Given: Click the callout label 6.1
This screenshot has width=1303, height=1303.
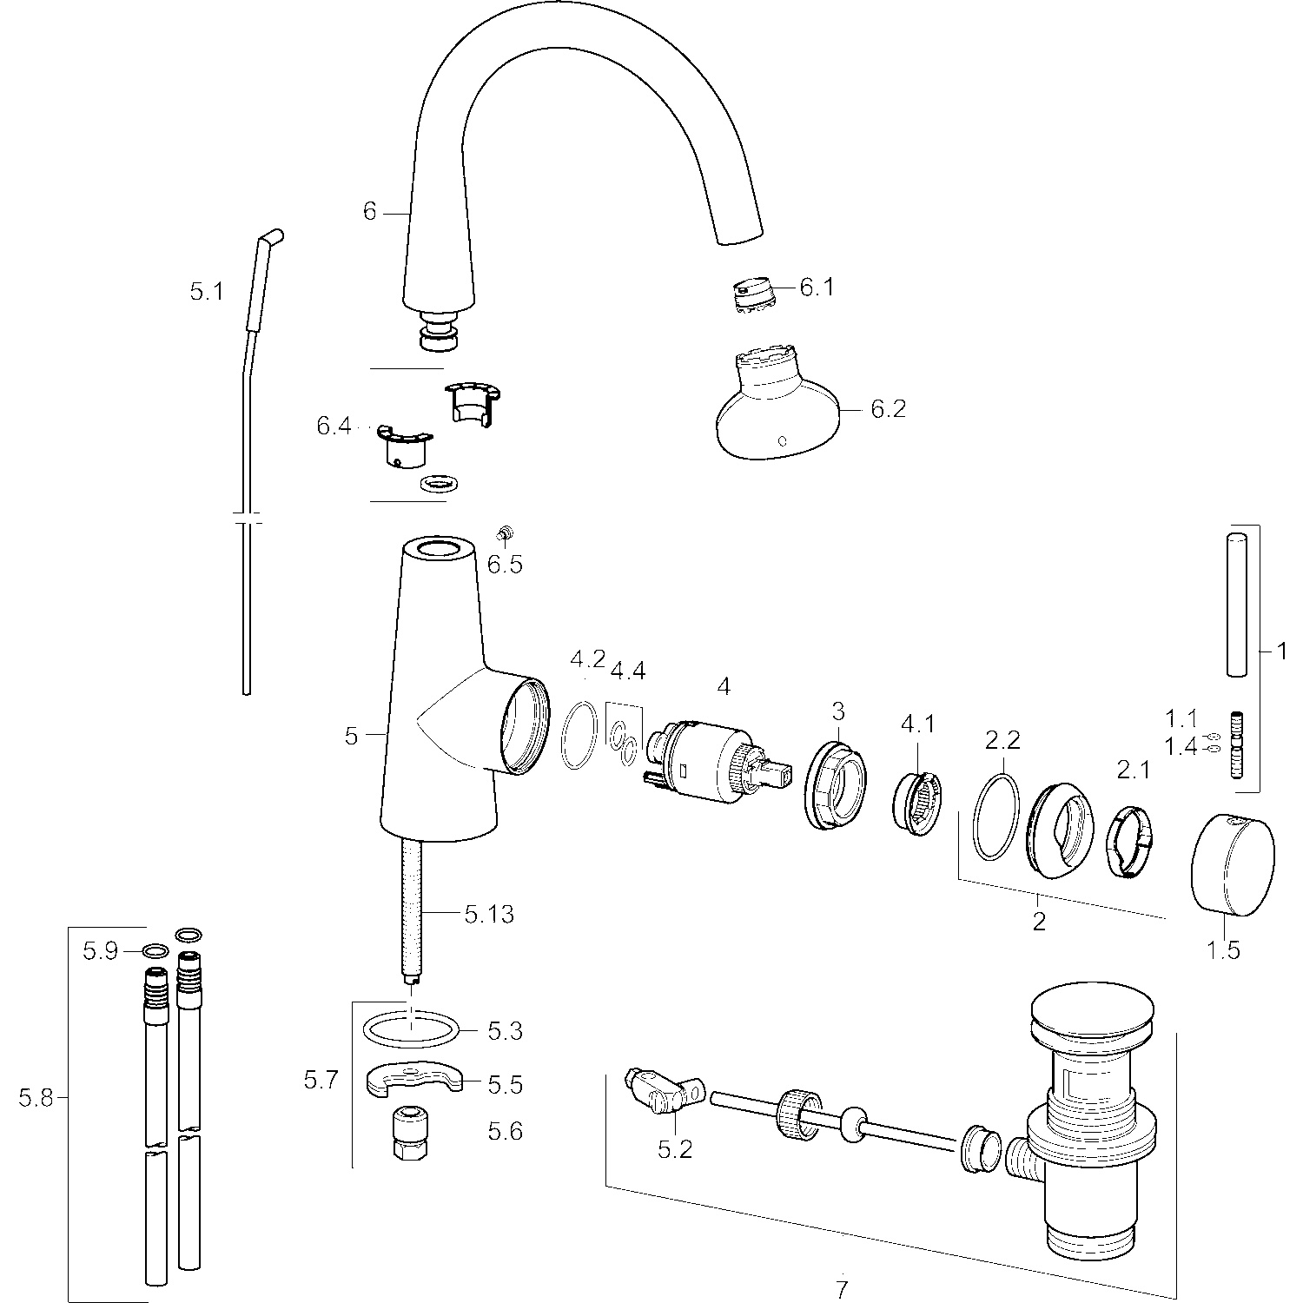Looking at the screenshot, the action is tap(817, 288).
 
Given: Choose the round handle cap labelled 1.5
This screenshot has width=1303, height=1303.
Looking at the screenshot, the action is tap(1233, 864).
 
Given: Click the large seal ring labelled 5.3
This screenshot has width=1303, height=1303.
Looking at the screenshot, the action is tap(409, 1032).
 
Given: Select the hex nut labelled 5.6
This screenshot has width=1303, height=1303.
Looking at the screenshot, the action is tap(409, 1136).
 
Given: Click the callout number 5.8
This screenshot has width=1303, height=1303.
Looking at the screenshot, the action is tap(36, 1099).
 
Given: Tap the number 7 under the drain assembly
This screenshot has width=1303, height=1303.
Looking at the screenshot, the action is tap(841, 1290).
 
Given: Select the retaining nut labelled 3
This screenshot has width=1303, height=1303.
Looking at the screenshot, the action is tap(834, 784).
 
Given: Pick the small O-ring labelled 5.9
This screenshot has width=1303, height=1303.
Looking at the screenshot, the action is tap(154, 951).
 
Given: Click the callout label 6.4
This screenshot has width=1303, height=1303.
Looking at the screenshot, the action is tap(334, 427).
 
